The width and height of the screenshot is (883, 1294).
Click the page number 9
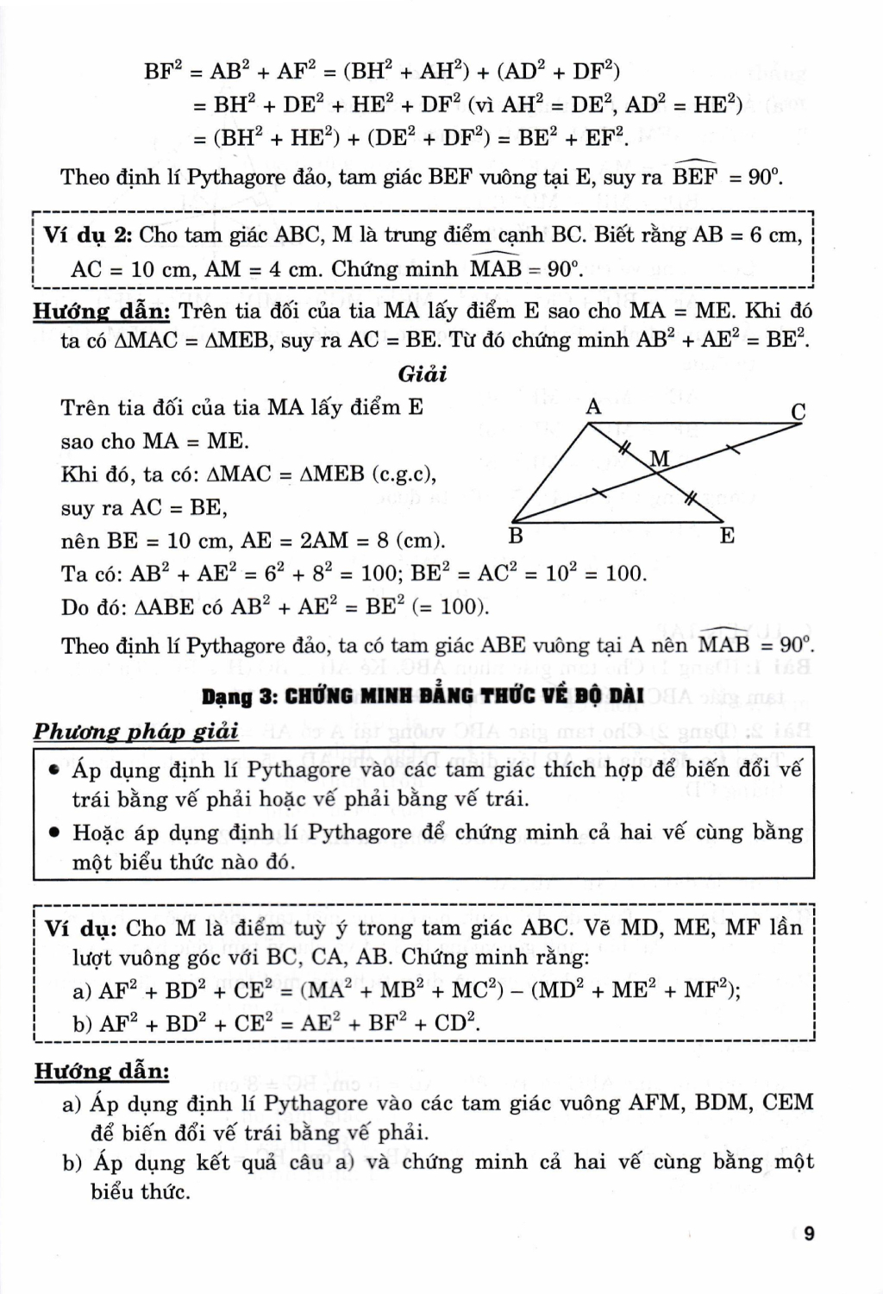click(809, 1234)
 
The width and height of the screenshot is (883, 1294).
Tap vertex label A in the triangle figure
click(593, 406)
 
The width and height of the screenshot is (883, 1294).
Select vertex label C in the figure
click(798, 412)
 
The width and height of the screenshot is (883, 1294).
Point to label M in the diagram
click(660, 458)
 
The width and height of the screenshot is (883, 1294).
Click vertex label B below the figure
click(516, 537)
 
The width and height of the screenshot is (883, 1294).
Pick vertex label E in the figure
click(727, 537)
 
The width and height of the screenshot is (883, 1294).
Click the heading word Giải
click(423, 374)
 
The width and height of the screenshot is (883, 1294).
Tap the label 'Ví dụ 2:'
click(87, 235)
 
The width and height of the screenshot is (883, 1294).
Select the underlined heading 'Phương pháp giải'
click(135, 732)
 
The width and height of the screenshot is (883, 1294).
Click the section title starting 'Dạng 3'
click(422, 696)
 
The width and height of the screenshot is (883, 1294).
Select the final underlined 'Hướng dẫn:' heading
click(102, 1071)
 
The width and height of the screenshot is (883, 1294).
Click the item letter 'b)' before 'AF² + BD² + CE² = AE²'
click(83, 1023)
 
